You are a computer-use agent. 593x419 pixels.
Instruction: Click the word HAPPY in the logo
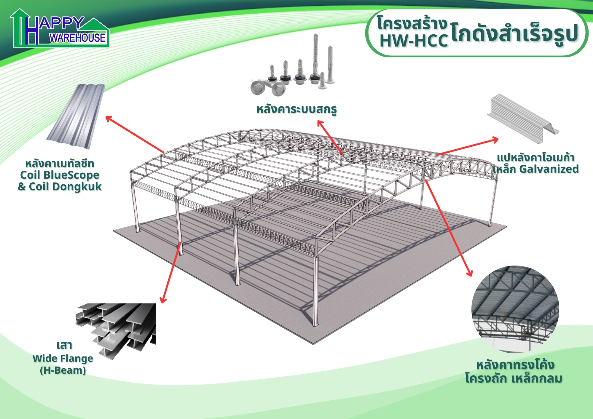[x=61, y=23]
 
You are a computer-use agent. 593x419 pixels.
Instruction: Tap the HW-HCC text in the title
[x=414, y=41]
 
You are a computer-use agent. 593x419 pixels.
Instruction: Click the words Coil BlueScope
[x=60, y=175]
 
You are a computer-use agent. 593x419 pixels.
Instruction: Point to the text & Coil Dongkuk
[x=60, y=187]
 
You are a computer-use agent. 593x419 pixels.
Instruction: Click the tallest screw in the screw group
[x=315, y=56]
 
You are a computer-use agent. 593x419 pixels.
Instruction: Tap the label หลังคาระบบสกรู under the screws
[x=296, y=109]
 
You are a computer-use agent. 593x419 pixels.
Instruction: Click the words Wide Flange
[x=63, y=359]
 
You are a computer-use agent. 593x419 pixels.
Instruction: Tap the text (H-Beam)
[x=63, y=370]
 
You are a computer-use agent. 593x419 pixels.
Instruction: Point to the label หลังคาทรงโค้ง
[x=515, y=365]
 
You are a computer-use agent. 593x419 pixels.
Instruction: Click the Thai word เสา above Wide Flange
[x=64, y=346]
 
